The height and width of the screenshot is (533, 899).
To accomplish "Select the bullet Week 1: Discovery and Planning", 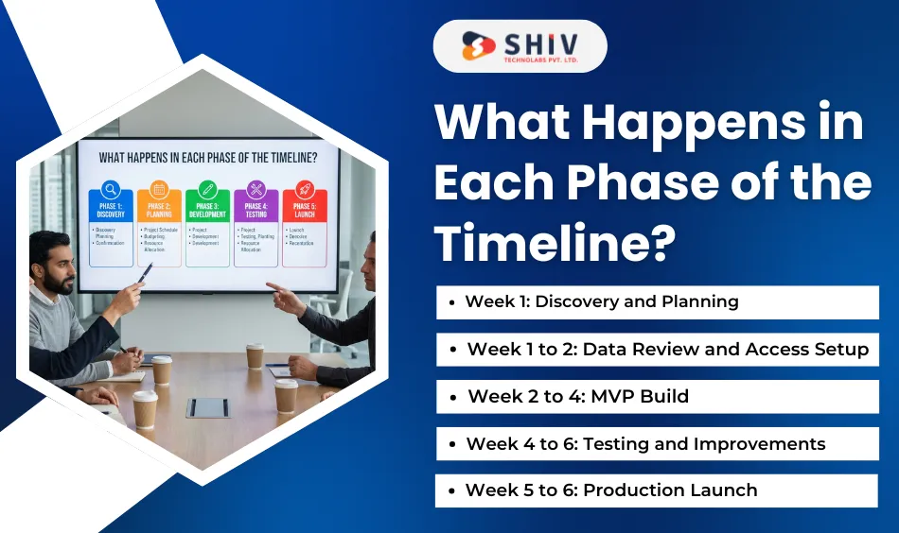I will pos(601,302).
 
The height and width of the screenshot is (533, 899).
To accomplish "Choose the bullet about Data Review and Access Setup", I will pos(667,350).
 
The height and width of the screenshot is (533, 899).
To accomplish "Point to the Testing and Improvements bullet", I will pos(645,444).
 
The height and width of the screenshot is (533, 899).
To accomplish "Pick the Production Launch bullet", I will pos(611,490).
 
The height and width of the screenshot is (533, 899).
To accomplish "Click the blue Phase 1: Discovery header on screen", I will pos(111,210).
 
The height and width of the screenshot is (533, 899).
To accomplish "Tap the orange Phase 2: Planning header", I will pos(159,210).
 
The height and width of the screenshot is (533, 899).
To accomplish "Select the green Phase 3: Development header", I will pos(207,210).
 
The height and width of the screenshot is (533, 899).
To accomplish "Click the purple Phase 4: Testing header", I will pos(256,210).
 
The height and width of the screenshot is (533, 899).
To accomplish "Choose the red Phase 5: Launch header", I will pos(304,210).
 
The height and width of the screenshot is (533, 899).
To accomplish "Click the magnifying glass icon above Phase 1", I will pos(111,188).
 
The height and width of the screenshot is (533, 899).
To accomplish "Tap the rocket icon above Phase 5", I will pos(304,188).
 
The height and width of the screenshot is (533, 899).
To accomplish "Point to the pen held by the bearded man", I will pos(145,272).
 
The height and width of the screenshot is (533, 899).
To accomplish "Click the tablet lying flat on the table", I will pos(207,406).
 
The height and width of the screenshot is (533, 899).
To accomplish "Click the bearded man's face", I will pos(57,268).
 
